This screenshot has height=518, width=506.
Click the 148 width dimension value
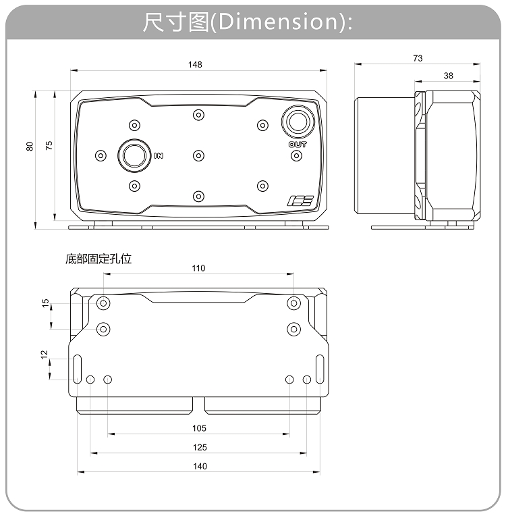(196, 65)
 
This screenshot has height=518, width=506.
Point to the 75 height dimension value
(49, 146)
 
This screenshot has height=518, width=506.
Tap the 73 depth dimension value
(418, 59)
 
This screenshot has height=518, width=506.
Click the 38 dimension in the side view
(449, 76)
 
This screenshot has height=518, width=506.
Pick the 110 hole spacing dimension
(198, 268)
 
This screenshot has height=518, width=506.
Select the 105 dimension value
(199, 428)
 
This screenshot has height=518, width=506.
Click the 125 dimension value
(199, 447)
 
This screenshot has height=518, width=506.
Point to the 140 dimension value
(200, 466)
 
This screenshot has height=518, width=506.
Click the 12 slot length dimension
(44, 354)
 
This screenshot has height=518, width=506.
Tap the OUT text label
(298, 144)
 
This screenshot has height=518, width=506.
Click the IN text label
(159, 156)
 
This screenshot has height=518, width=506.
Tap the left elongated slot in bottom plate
(78, 368)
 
